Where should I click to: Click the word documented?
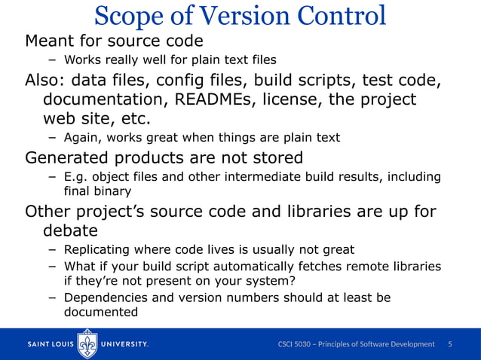101,312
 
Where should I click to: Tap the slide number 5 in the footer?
450,344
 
